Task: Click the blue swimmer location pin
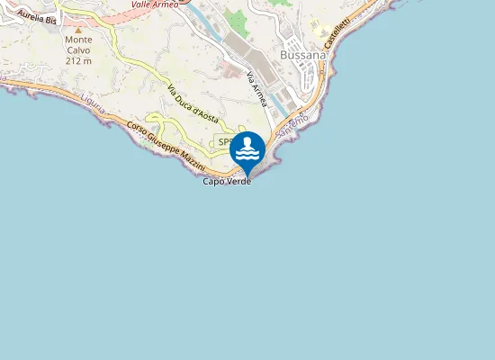click(x=247, y=151)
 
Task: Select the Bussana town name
click(x=303, y=53)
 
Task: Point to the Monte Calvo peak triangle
click(x=78, y=30)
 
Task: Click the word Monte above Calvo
click(x=78, y=40)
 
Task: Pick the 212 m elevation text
click(x=78, y=61)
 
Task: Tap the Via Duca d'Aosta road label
click(x=194, y=106)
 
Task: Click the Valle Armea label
click(x=155, y=4)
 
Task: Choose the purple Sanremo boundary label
click(x=293, y=125)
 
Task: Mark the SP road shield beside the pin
click(x=224, y=142)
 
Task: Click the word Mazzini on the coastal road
click(x=192, y=161)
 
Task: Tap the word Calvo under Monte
click(x=78, y=50)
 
